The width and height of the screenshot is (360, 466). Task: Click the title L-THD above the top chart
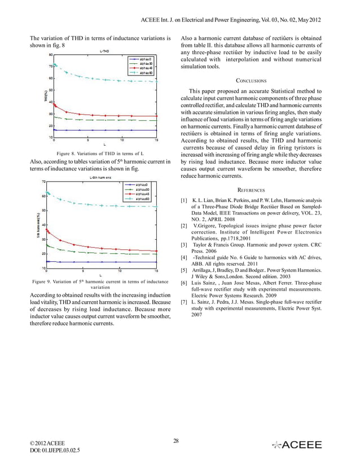coord(105,51)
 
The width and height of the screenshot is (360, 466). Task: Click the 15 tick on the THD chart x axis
coord(155,139)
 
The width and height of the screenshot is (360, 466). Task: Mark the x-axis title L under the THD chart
coord(105,145)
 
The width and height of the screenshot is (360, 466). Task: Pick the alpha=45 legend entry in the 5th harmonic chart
coord(143,194)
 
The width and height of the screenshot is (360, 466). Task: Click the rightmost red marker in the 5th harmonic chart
coord(155,251)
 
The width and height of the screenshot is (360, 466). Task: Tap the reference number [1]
coord(184,201)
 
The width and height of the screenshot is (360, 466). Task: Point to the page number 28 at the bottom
coord(176,440)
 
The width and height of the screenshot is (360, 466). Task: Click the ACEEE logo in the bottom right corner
coord(297,445)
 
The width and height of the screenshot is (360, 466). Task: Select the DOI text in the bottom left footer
coord(54,451)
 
